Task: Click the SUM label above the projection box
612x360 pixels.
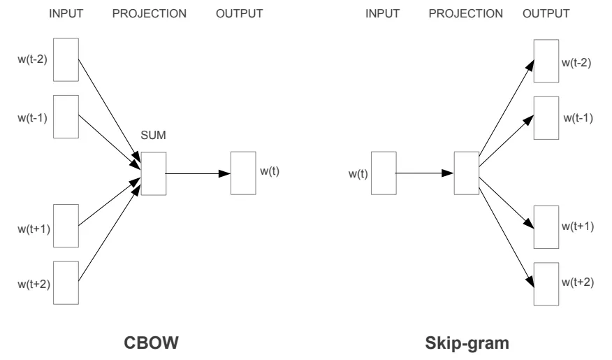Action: tap(153, 135)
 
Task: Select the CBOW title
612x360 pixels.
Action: tap(151, 343)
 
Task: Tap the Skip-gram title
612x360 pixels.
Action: tap(467, 343)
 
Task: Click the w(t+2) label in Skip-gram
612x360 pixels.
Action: tap(578, 282)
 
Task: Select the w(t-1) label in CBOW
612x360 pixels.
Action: tap(32, 117)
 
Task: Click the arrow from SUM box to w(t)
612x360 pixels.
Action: tap(198, 173)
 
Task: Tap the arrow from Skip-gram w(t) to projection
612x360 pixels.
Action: tap(425, 173)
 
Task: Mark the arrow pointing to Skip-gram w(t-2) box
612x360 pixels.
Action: tap(507, 108)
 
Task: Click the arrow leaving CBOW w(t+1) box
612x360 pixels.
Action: tap(109, 202)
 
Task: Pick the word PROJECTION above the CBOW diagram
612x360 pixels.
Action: tap(149, 14)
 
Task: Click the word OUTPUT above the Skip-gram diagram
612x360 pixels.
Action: tap(546, 14)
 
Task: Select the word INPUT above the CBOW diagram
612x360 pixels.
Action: tap(66, 14)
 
